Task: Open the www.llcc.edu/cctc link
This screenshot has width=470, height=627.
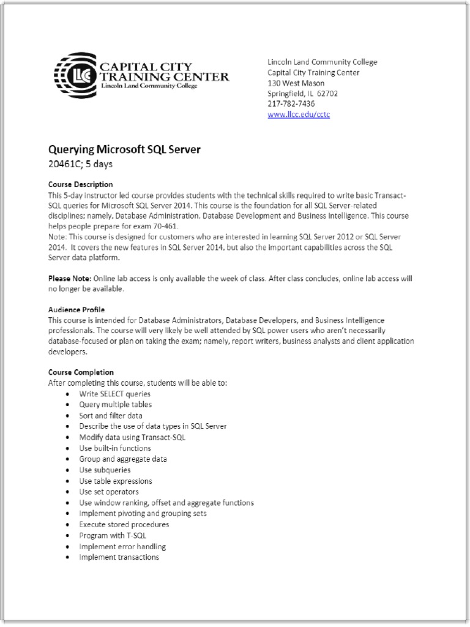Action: pos(299,115)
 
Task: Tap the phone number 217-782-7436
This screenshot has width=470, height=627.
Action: pos(291,104)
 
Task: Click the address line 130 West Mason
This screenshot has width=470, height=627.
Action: pos(296,83)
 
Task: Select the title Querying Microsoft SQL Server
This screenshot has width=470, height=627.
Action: pos(124,149)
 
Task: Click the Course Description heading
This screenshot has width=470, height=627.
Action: pos(80,184)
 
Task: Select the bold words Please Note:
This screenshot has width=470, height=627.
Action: pos(70,279)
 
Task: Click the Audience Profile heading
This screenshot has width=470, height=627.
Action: pos(76,310)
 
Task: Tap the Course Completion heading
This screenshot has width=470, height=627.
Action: pos(81,372)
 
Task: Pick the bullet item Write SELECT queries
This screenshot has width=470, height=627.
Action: pos(114,394)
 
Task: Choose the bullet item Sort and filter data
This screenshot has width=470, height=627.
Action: pos(111,416)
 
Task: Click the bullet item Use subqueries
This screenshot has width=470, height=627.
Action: pos(105,470)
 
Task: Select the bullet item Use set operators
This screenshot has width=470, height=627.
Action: pos(109,492)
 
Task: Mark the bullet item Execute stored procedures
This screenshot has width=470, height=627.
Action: pos(124,525)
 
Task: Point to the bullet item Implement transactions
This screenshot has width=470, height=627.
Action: pos(119,557)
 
